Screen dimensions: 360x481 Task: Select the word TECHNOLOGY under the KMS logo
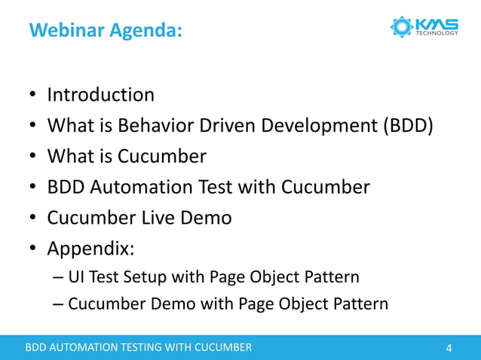click(437, 33)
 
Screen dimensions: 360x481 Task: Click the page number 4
click(449, 348)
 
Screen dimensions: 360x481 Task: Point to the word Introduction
click(100, 95)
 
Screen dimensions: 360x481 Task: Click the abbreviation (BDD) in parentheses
click(407, 126)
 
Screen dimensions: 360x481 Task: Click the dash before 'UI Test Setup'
click(59, 278)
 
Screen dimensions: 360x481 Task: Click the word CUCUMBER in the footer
click(222, 348)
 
